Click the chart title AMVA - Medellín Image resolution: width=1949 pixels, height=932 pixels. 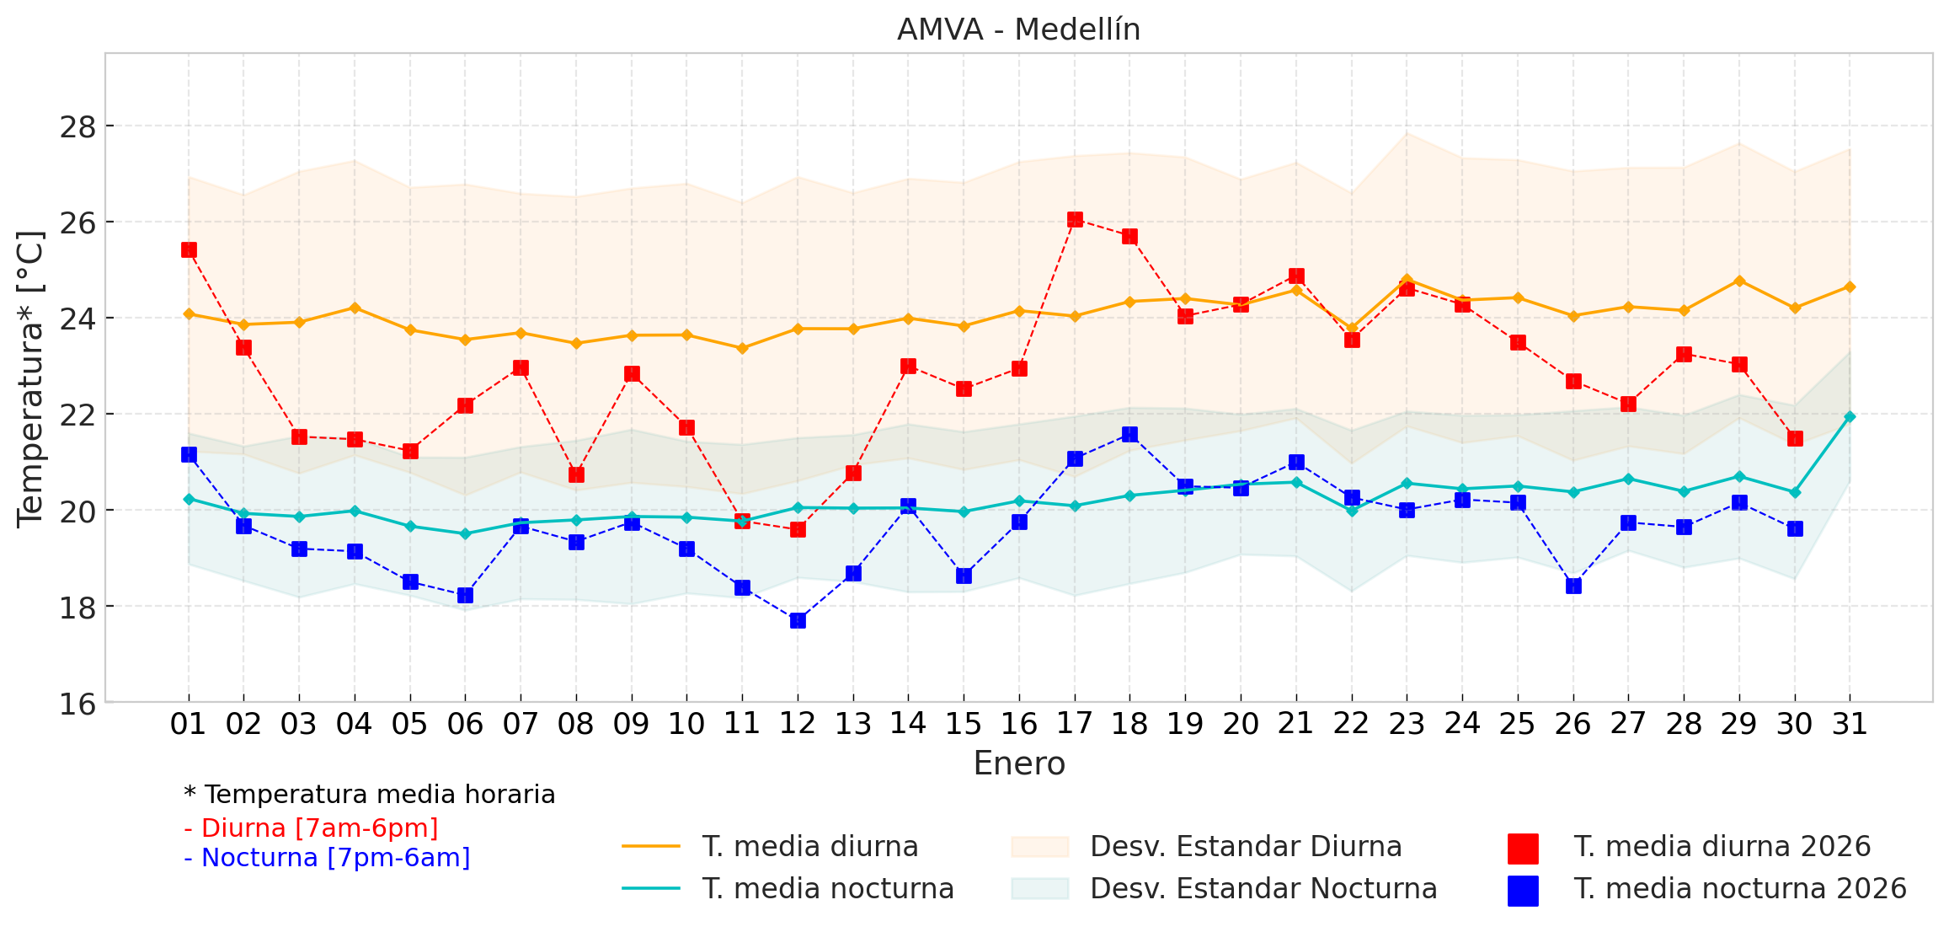coord(1018,29)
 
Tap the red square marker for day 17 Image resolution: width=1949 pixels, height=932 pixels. coord(1075,219)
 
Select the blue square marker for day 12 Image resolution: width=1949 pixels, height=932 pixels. coord(798,620)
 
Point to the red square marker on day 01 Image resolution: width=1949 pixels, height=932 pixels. coord(189,249)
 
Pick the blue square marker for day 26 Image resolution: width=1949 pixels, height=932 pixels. coord(1573,586)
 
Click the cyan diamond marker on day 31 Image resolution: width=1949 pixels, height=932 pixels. coord(1850,416)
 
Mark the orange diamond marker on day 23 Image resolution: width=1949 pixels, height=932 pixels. coord(1407,279)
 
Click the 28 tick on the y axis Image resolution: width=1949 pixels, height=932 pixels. coord(77,126)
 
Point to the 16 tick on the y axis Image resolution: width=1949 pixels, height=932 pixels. coord(77,703)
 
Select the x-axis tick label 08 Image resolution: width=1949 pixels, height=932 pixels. coord(576,724)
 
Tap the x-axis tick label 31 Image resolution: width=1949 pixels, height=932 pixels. coord(1850,724)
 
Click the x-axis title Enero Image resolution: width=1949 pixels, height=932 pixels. coord(1019,763)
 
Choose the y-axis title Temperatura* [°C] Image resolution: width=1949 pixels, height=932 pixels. coord(30,378)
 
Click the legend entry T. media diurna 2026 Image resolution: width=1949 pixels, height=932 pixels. coord(1722,846)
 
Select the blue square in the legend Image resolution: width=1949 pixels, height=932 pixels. coord(1523,891)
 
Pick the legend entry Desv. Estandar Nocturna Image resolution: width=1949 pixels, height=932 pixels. coord(1263,888)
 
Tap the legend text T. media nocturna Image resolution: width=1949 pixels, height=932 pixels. coord(828,888)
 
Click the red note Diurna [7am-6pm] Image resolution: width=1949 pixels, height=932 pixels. coord(312,828)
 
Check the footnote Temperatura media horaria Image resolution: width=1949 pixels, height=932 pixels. coord(371,795)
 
